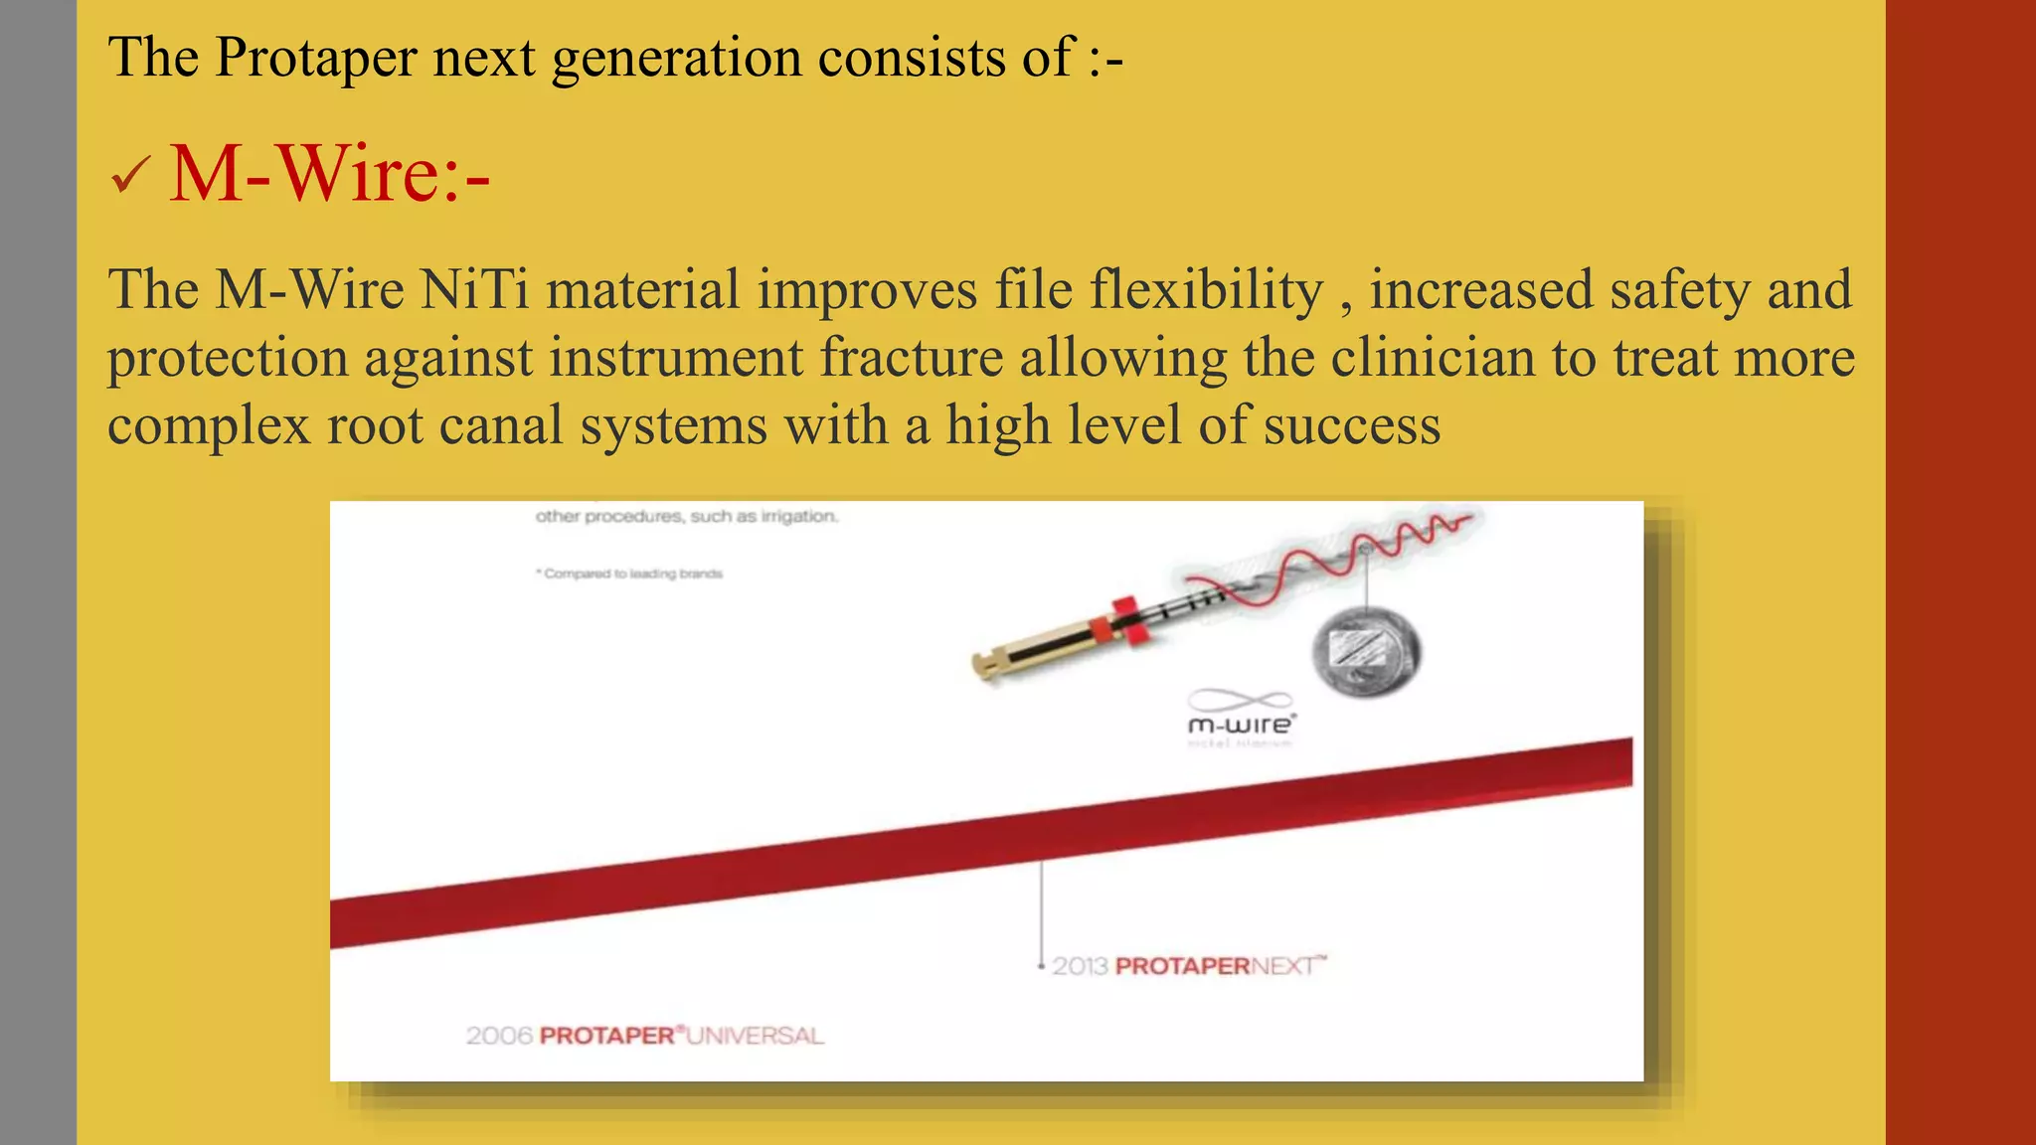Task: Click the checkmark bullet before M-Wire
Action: tap(130, 176)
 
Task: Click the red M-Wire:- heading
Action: tap(329, 174)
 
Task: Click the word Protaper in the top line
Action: tap(315, 57)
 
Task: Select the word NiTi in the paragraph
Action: tap(474, 290)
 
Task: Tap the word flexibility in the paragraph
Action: tap(1206, 290)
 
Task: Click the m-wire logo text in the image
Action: tap(1240, 726)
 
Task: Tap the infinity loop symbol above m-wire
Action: tap(1240, 700)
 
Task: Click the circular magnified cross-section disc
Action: tap(1367, 652)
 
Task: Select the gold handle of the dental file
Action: tap(1034, 652)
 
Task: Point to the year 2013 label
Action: tap(1080, 966)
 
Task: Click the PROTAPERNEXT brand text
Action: tap(1220, 966)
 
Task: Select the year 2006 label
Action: tap(499, 1036)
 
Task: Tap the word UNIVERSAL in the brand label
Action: tap(755, 1036)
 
